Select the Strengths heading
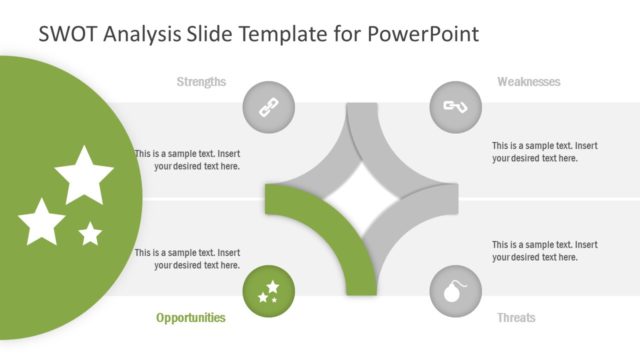coord(201,82)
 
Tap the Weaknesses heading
coord(528,82)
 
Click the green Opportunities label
coord(190,318)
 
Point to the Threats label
coord(516,318)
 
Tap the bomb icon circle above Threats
coord(455,292)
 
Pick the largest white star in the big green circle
coord(84,174)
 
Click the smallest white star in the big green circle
coord(90,234)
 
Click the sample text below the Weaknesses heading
coord(544,152)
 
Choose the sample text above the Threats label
coord(544,251)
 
